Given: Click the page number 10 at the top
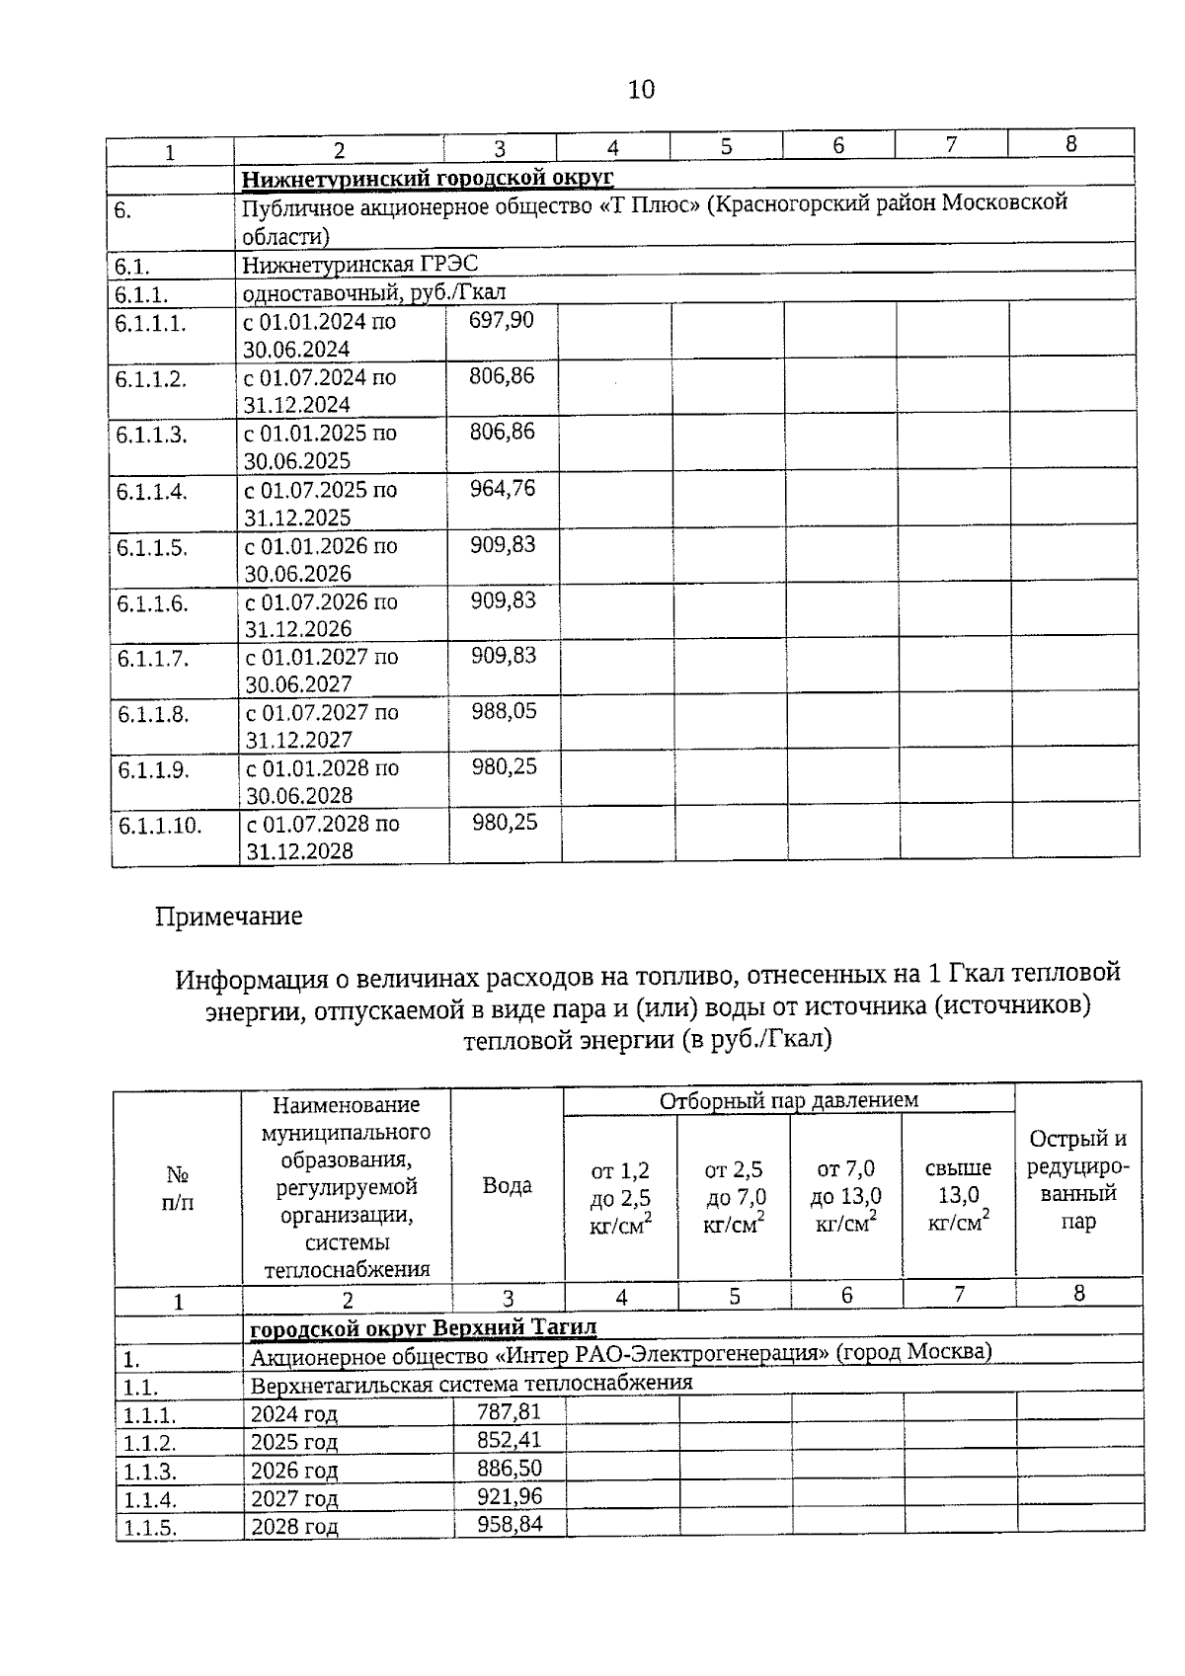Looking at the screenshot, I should coord(641,90).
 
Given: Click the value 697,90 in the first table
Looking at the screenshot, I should coord(502,320).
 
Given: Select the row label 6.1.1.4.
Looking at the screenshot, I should coord(152,492).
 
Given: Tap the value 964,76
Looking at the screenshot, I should coord(503,488).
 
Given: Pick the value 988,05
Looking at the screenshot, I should coord(504,711).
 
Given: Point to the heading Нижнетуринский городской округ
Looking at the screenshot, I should coord(429,178).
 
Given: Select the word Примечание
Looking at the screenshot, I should coord(228,917).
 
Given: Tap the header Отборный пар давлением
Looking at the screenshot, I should coord(788,1100).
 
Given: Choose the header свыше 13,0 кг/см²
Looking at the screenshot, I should coord(958,1195).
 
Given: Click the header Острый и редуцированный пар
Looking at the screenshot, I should coord(1078,1179).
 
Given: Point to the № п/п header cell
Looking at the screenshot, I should coord(178,1188).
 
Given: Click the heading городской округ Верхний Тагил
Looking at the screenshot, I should coord(423,1328).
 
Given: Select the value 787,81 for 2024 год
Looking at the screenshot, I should coord(510,1411).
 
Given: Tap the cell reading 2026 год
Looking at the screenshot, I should coord(294,1471).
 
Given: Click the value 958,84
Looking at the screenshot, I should coord(510,1524).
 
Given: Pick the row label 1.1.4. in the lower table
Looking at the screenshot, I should coord(149,1499).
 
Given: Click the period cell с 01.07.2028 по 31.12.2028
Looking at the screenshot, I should coord(323,838).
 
